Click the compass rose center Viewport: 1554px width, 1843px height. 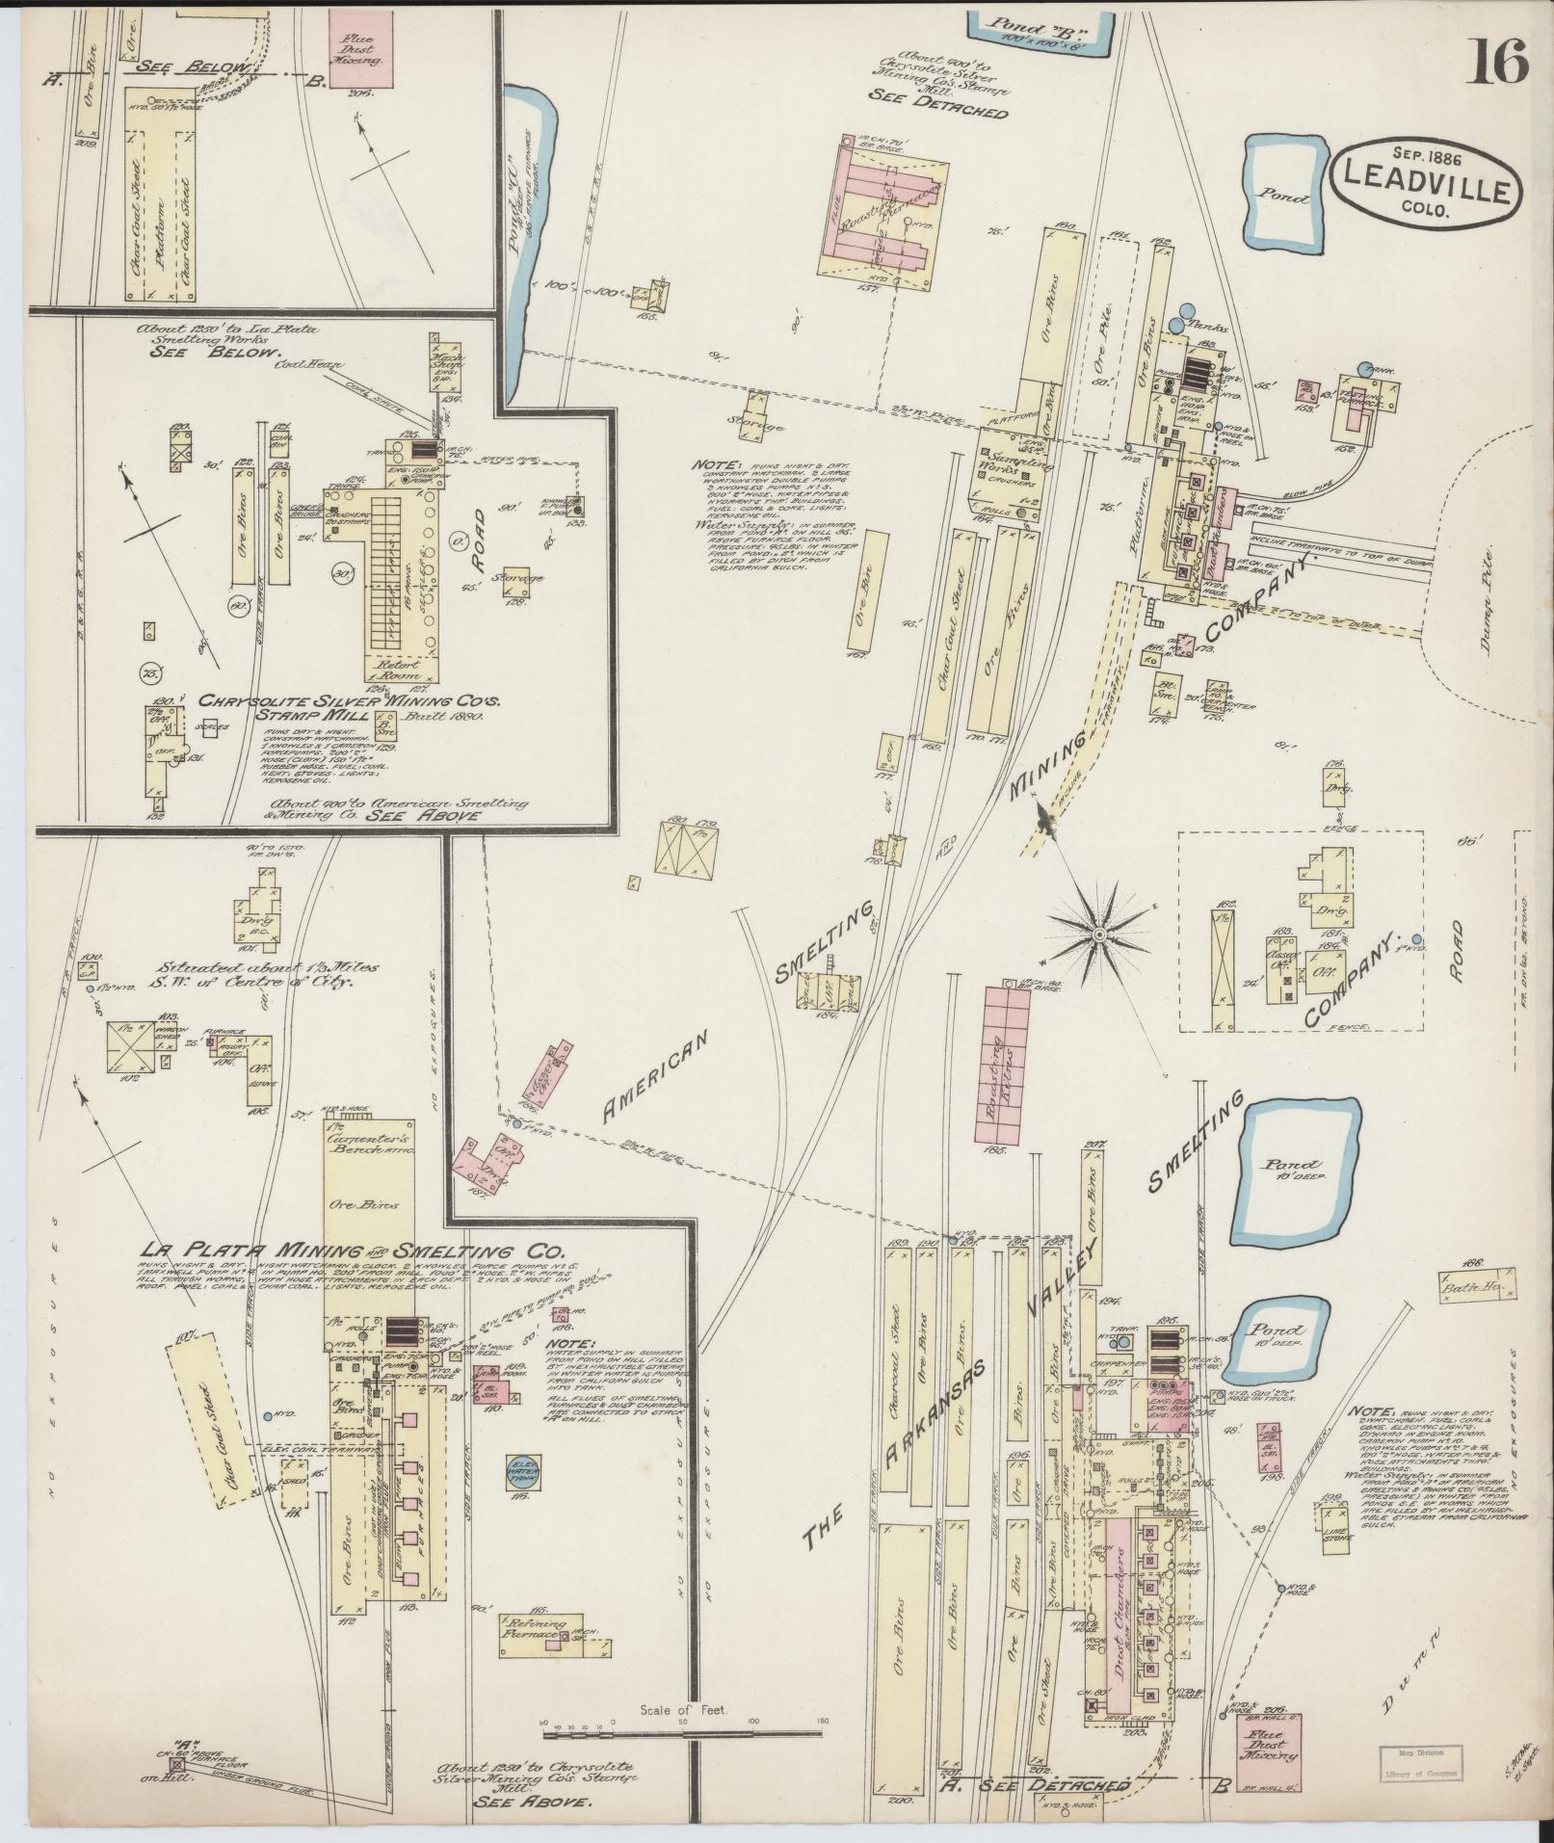[x=1098, y=934]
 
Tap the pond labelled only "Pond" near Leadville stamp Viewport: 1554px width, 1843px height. [x=1282, y=195]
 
